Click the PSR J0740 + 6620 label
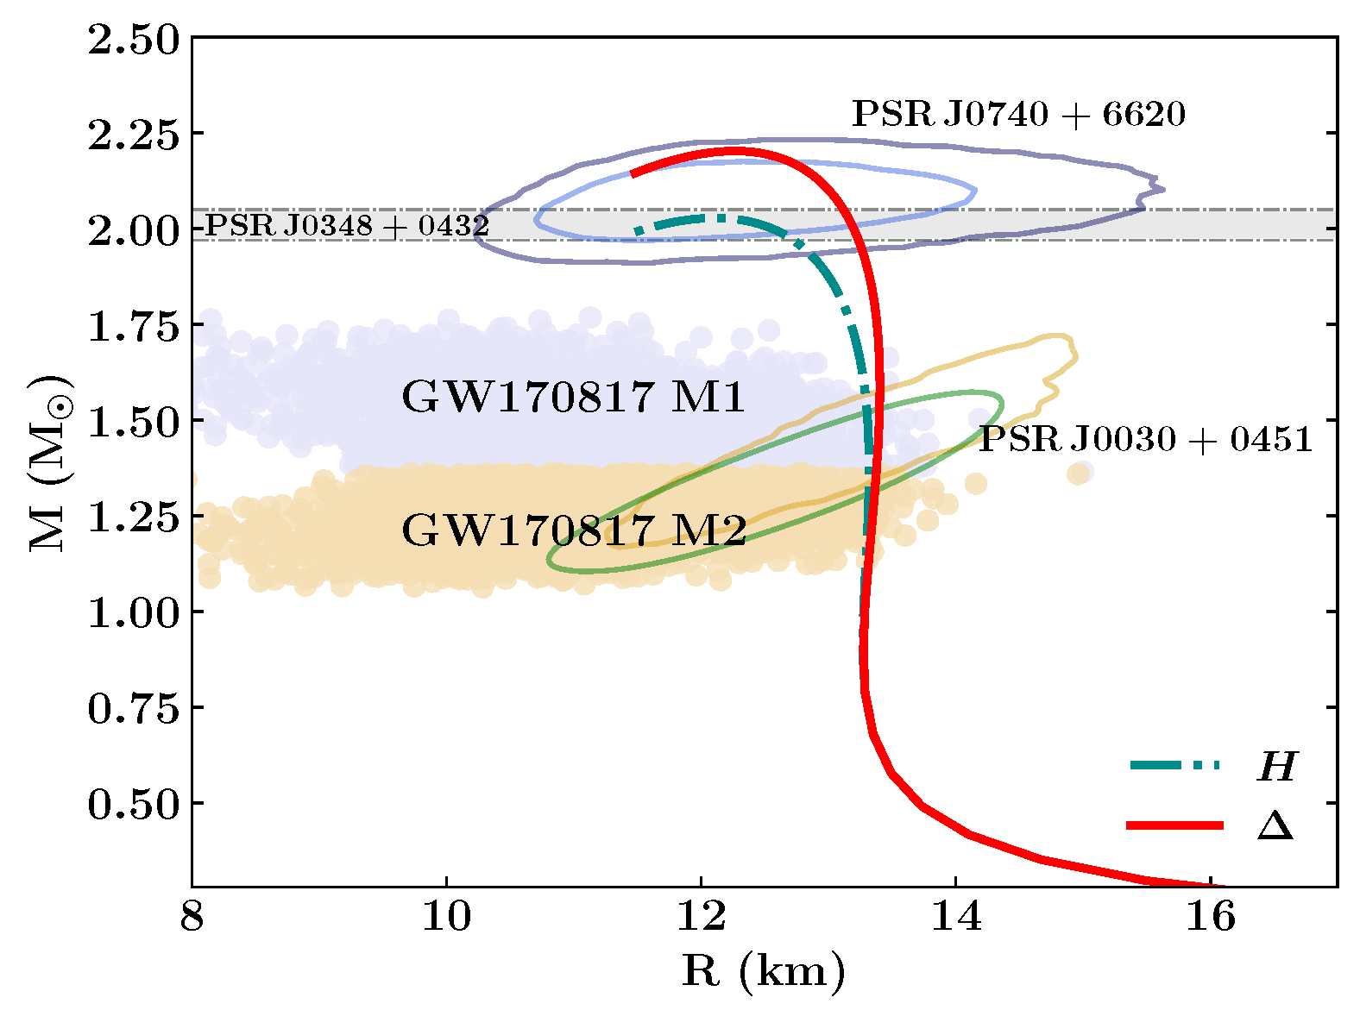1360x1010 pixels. coord(1018,114)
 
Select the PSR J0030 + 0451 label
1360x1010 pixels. coord(1145,439)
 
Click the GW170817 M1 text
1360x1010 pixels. coord(573,398)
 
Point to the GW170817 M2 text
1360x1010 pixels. coord(574,530)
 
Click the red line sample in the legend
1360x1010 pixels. coord(1175,825)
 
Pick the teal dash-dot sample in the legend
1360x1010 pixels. coord(1175,765)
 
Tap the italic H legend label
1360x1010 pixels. coord(1276,766)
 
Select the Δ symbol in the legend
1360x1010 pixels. coord(1275,826)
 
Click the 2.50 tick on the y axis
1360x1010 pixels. coord(134,41)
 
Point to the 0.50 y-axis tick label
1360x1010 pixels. coord(134,804)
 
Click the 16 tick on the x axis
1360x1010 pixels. coord(1210,917)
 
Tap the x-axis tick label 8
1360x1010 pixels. coord(192,917)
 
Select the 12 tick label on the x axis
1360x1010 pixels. coord(701,917)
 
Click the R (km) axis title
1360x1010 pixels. coord(764,972)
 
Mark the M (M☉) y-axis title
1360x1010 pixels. coord(49,463)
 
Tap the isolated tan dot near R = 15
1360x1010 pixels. coord(1078,474)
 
